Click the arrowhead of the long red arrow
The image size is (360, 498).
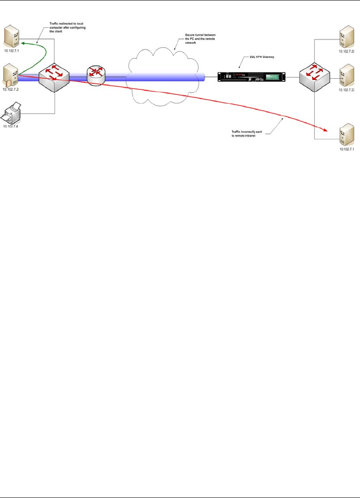326,131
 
